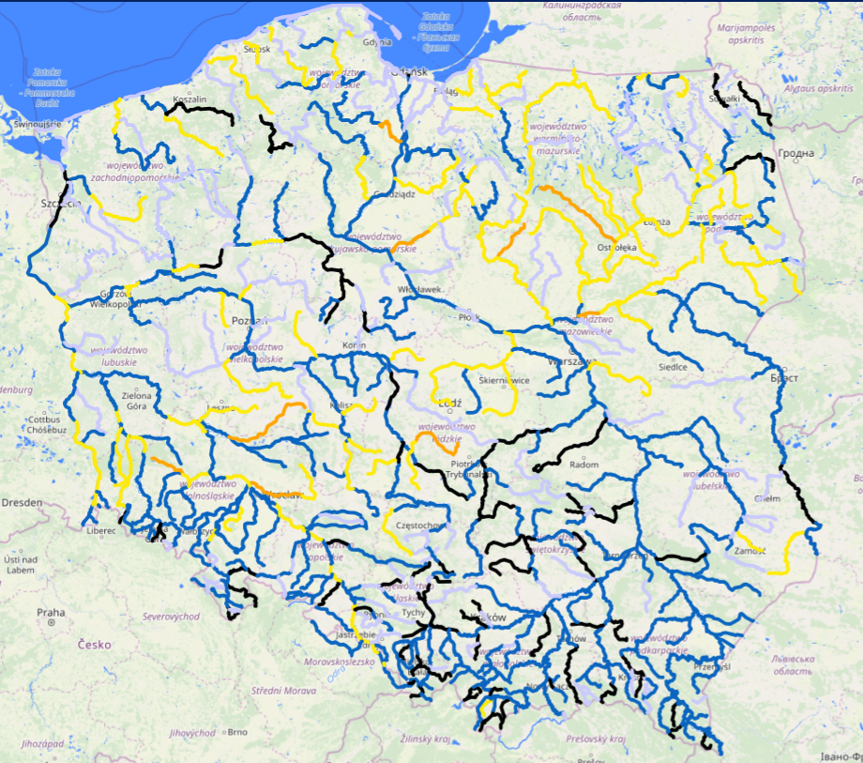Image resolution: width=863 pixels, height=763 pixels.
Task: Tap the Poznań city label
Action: point(249,320)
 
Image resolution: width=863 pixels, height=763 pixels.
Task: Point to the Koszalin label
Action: point(189,99)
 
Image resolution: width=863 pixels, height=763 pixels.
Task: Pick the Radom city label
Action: point(583,465)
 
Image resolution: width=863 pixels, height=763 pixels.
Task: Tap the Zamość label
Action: point(752,550)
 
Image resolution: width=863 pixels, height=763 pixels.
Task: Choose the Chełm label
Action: point(766,498)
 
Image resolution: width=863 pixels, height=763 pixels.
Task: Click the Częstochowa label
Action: point(420,526)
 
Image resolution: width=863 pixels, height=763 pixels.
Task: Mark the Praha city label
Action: point(51,612)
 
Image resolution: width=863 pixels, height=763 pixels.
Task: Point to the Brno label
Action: point(237,732)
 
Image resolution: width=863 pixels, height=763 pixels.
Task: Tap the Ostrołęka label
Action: point(616,248)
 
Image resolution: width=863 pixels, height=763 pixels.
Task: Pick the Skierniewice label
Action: point(506,380)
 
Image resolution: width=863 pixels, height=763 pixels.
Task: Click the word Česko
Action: point(96,645)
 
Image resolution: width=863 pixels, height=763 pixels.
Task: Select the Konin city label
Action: point(355,344)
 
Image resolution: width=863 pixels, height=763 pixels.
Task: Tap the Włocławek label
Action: point(419,289)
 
